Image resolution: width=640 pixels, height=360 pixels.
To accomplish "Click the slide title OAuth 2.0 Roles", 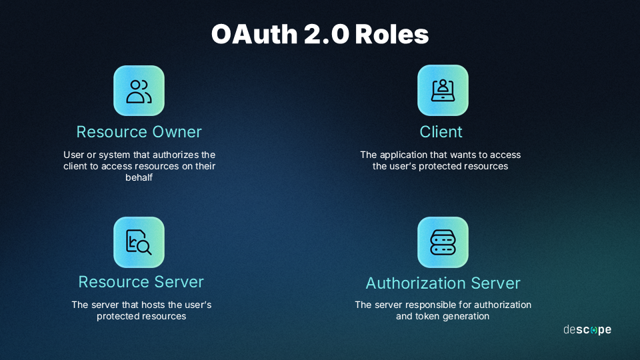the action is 320,34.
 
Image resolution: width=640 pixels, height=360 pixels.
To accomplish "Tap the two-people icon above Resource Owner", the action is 139,91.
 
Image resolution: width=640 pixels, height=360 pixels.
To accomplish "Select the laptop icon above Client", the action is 443,90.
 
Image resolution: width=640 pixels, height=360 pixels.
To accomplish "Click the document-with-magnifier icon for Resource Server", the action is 139,242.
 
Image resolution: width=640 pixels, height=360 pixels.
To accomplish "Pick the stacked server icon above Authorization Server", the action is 443,242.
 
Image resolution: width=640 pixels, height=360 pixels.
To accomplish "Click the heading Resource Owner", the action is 139,132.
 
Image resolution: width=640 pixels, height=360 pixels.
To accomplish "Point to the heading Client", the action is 441,132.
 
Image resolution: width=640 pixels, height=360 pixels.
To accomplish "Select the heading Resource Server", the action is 141,281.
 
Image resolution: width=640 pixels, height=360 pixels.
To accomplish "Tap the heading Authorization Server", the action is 443,283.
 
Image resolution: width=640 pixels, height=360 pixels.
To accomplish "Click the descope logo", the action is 587,329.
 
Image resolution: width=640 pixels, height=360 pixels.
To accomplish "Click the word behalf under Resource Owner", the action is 139,177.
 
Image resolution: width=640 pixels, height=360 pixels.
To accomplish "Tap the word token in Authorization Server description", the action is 427,316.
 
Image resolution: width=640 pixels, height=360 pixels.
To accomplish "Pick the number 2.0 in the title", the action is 327,34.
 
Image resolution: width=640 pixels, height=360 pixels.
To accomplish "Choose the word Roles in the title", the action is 392,34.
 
